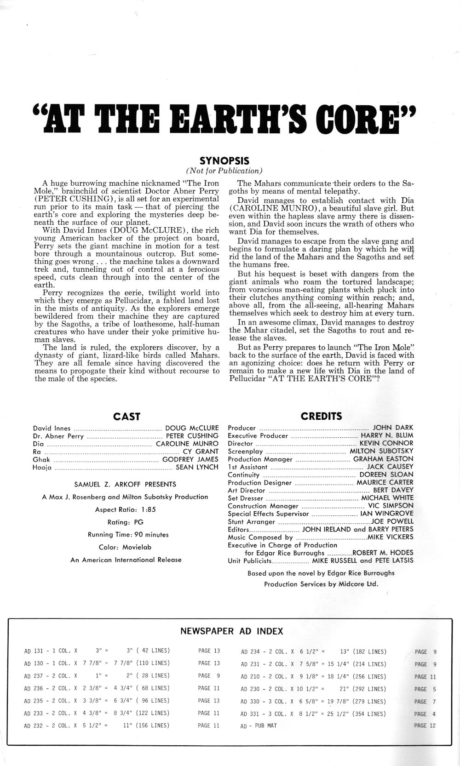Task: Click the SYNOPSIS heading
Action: click(x=224, y=160)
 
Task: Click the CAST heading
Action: click(x=126, y=417)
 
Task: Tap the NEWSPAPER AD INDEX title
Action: click(x=231, y=631)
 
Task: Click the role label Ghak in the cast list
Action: click(x=41, y=459)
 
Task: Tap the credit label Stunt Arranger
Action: click(x=251, y=522)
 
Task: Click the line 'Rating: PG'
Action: click(x=125, y=522)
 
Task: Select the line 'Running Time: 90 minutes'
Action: click(x=128, y=535)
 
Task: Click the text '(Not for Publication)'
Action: click(x=224, y=171)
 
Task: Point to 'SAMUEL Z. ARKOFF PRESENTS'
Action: click(x=125, y=484)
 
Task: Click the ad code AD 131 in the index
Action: click(x=34, y=651)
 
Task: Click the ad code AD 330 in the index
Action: click(x=251, y=701)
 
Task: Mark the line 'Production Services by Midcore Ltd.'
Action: click(x=321, y=584)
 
